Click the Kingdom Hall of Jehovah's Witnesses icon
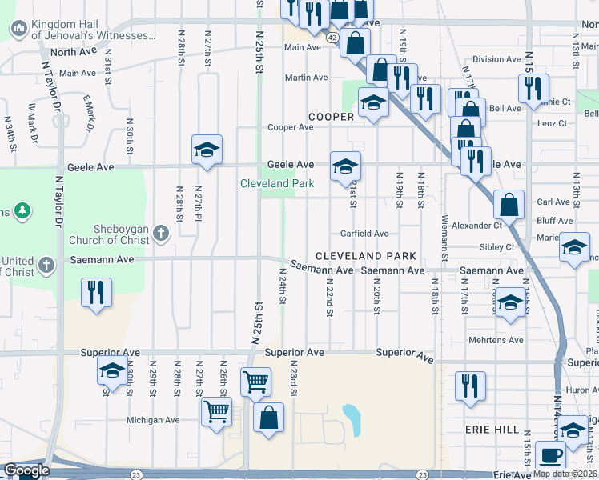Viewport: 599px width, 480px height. point(19,30)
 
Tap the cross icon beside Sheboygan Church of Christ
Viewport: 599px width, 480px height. point(161,234)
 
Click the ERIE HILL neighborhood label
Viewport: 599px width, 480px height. point(492,430)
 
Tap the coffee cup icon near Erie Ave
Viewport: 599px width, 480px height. point(550,455)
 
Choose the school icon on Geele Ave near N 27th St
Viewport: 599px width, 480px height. point(207,150)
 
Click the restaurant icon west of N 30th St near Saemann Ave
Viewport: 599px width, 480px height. point(96,292)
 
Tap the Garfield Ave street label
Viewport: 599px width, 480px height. point(364,234)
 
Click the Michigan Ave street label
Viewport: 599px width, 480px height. point(153,420)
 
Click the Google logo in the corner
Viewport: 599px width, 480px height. point(26,470)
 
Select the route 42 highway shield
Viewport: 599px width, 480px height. point(332,37)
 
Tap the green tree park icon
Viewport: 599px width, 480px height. point(23,211)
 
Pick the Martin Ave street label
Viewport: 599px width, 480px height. point(307,78)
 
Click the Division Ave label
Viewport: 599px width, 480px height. point(496,59)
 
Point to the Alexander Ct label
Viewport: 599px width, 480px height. point(476,226)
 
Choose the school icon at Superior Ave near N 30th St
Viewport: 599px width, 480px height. point(113,370)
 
